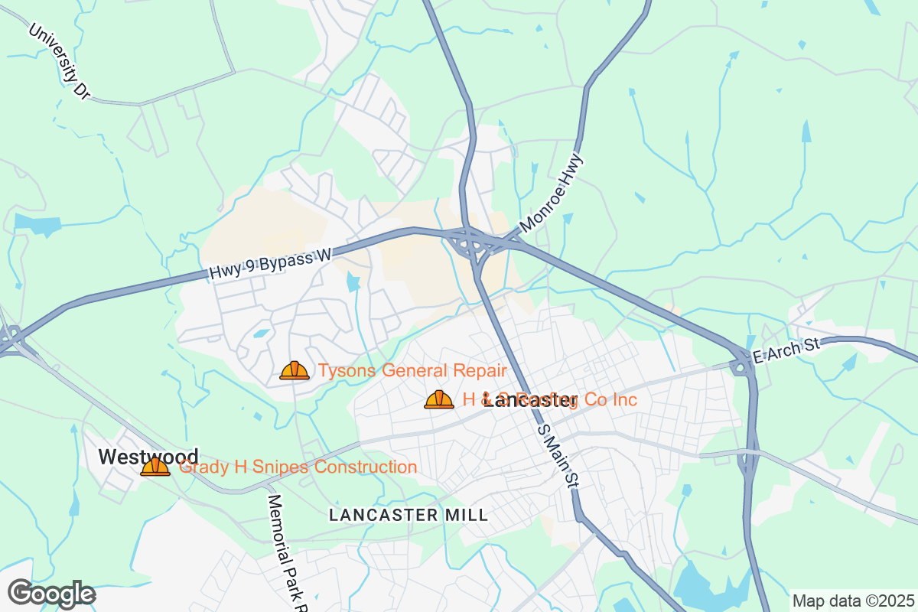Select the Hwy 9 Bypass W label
click(269, 264)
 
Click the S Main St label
click(556, 457)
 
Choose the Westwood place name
click(148, 457)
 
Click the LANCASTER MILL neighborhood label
click(409, 515)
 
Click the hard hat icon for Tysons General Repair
click(295, 371)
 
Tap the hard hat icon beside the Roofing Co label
click(439, 399)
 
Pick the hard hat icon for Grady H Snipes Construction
click(155, 467)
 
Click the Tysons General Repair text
click(412, 371)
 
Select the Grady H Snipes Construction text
click(298, 467)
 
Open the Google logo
click(51, 594)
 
